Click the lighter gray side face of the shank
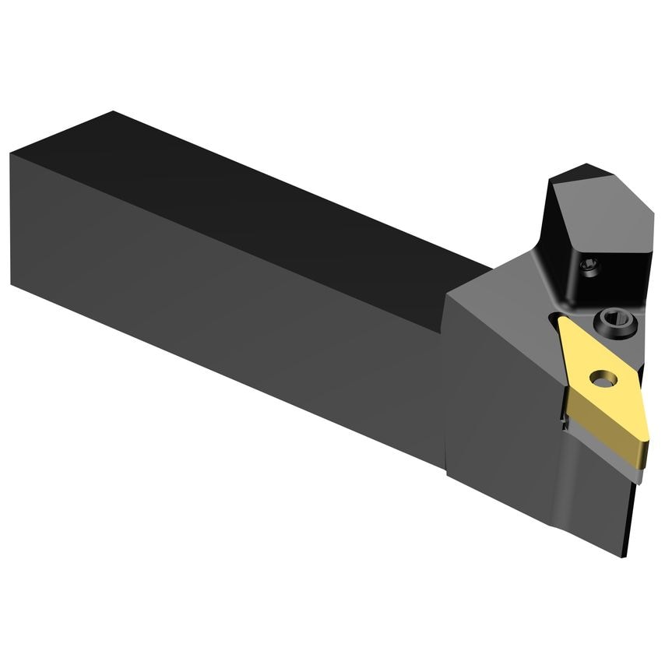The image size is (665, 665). [x=234, y=311]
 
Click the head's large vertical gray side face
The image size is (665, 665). [x=506, y=405]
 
